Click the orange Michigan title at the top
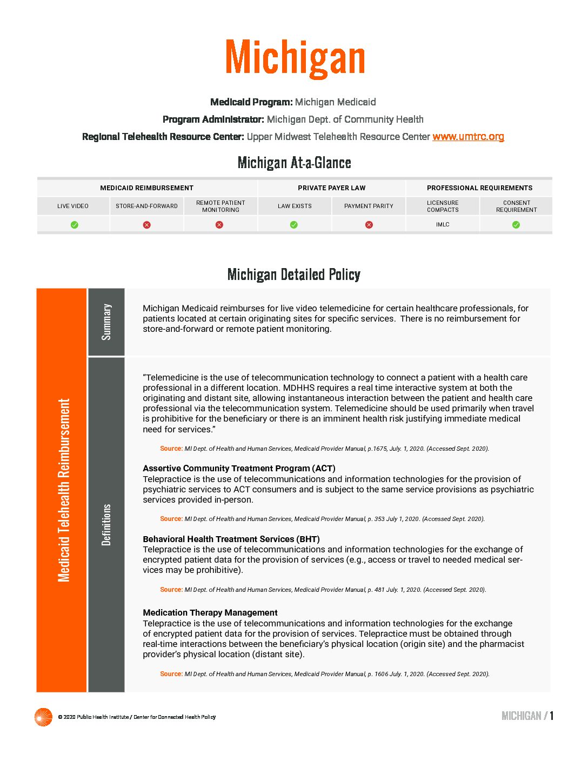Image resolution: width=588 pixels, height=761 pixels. (295, 58)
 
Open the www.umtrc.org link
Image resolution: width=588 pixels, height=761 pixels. (468, 137)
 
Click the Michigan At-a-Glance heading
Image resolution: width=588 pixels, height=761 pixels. (294, 163)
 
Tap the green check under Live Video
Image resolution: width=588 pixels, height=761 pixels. (75, 225)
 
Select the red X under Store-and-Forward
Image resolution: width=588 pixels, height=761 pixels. (147, 225)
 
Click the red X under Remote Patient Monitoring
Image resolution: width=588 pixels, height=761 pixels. (219, 225)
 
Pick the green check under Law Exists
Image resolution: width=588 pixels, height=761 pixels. (294, 225)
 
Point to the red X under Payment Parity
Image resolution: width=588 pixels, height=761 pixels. (369, 225)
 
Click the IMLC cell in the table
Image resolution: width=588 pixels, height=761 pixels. (443, 225)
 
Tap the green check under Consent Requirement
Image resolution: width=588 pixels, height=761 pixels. (516, 225)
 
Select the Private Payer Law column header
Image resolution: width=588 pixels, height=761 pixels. (331, 188)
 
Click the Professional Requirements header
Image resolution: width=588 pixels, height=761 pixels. (479, 188)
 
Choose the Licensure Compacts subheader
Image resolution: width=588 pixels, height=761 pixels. (443, 206)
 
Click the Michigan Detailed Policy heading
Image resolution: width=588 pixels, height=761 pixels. (294, 275)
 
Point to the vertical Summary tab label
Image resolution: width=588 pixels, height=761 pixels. (106, 322)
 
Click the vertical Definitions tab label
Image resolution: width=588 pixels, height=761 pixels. (106, 525)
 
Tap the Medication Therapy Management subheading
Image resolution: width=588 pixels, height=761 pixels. (210, 612)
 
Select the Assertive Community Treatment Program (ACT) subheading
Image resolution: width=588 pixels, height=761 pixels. (239, 469)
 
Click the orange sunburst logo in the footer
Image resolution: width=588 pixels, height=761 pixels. (43, 717)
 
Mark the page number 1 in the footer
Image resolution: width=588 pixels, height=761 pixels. (552, 716)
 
